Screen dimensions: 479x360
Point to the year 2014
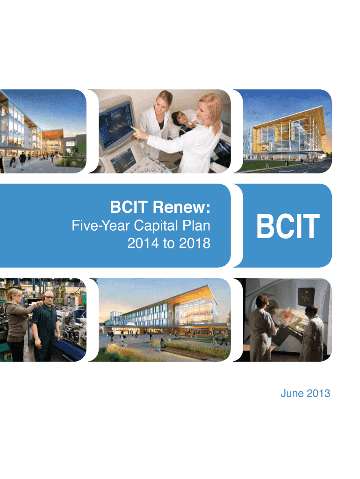[141, 243]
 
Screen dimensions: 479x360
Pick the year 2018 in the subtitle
[193, 243]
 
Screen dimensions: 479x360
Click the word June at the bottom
[293, 394]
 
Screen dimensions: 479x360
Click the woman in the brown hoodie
[15, 323]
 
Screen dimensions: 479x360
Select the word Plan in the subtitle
[197, 226]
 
